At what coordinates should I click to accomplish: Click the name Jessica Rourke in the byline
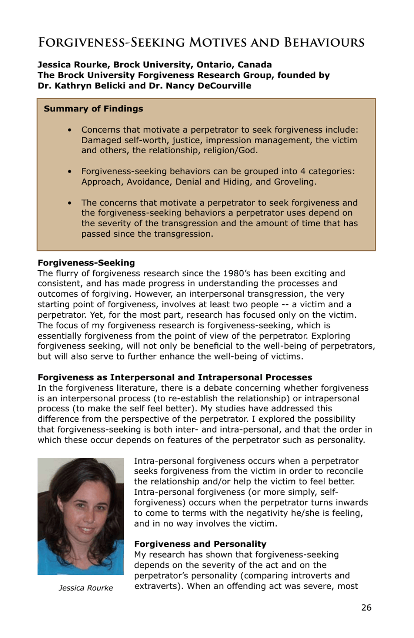tap(72, 65)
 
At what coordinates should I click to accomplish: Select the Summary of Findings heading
tap(93, 109)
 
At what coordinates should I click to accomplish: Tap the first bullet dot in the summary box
tap(69, 130)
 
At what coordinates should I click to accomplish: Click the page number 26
tap(366, 608)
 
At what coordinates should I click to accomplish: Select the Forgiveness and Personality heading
tap(200, 544)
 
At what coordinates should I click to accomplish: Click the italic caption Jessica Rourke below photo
tap(85, 588)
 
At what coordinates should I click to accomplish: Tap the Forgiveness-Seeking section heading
tap(86, 263)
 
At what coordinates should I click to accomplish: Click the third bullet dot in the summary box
tap(69, 203)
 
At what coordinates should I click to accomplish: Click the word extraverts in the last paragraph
tap(158, 586)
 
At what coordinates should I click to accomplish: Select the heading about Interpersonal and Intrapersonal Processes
tap(175, 377)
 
